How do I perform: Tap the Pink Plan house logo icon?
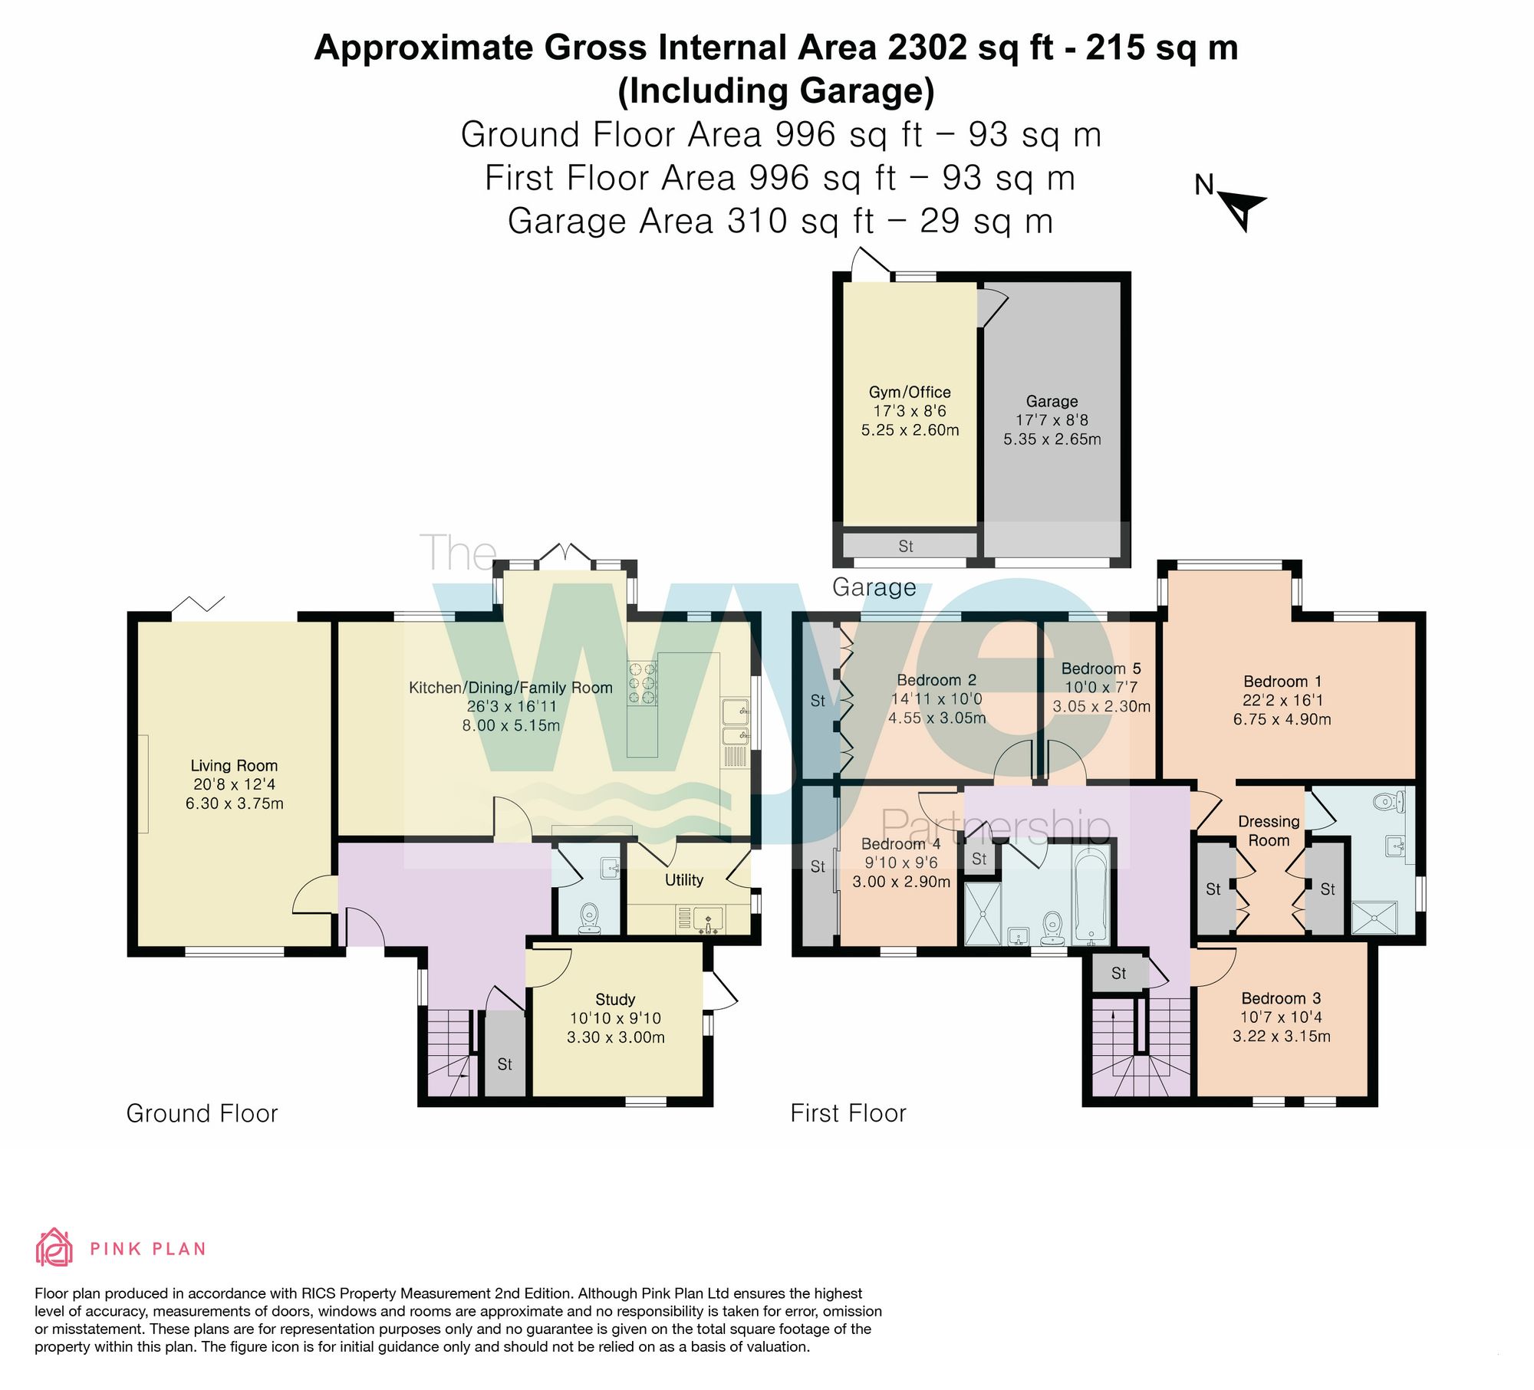tap(54, 1247)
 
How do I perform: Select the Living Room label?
tap(234, 765)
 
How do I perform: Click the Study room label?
tap(615, 999)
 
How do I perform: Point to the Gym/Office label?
tap(910, 392)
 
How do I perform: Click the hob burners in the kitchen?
tap(643, 682)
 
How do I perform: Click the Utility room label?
tap(683, 879)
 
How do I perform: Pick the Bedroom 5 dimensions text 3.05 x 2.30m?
tap(1101, 706)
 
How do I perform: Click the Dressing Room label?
tap(1269, 830)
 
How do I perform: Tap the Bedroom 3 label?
tap(1281, 998)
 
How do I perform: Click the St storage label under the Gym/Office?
tap(906, 546)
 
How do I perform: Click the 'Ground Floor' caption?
tap(202, 1113)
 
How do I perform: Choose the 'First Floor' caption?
tap(848, 1113)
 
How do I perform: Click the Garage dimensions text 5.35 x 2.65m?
tap(1052, 439)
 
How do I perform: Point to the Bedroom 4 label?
tap(900, 843)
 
